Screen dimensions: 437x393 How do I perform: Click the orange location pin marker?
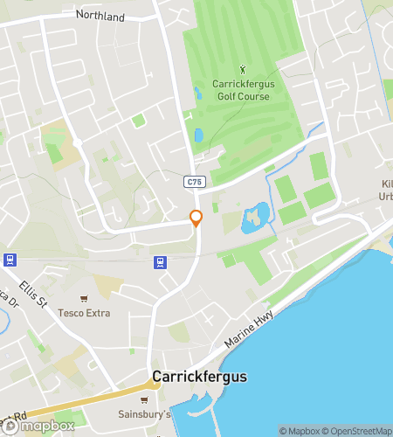(196, 218)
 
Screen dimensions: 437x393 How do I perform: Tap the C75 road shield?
(194, 181)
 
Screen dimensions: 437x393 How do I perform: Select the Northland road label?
(100, 17)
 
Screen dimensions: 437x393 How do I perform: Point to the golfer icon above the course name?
(242, 68)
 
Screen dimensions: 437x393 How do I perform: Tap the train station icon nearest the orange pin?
(160, 261)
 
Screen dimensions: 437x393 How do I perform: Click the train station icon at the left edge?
(10, 260)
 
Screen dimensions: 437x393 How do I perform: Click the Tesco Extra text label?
(84, 312)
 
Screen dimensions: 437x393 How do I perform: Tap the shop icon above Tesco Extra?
(84, 299)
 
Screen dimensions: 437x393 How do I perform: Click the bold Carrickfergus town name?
(200, 377)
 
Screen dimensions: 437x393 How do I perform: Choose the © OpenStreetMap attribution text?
(360, 431)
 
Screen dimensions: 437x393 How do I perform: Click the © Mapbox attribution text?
(300, 431)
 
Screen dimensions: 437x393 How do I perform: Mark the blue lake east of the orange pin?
(254, 215)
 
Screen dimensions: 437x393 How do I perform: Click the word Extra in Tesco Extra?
(96, 312)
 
